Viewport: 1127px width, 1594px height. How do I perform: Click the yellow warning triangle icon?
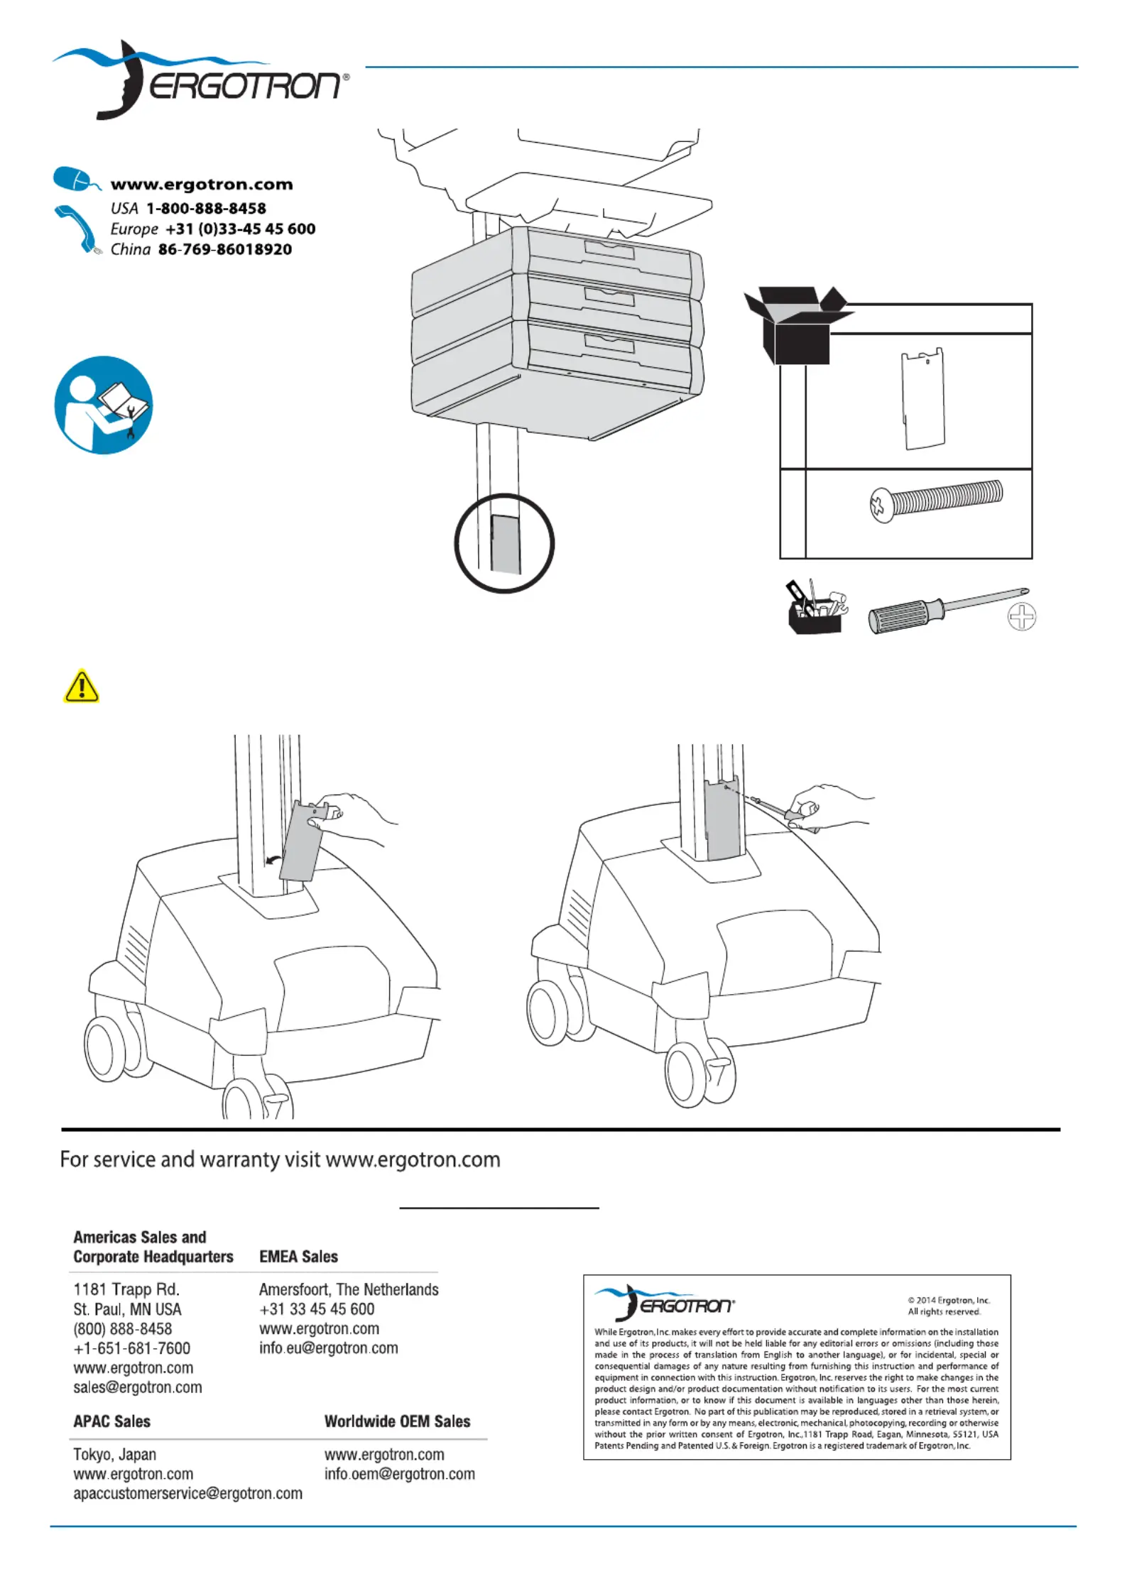(x=81, y=686)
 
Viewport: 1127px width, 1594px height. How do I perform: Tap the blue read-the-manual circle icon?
(x=104, y=405)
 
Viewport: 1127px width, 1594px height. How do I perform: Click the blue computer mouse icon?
(x=75, y=178)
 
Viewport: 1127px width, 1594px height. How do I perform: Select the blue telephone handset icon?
(x=77, y=227)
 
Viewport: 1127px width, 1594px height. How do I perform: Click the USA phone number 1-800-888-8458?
(x=206, y=209)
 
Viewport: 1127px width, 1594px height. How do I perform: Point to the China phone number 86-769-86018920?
(x=224, y=250)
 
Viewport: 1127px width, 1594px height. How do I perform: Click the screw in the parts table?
(x=935, y=498)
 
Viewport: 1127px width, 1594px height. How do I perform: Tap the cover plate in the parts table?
(x=923, y=398)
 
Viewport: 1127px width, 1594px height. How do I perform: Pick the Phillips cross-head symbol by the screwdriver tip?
(x=1021, y=616)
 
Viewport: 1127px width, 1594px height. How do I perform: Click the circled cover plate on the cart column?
(x=505, y=544)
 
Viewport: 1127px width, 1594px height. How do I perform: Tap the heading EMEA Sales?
(x=298, y=1256)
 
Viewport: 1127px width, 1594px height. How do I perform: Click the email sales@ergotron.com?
(x=138, y=1387)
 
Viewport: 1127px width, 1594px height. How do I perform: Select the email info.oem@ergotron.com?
(x=399, y=1473)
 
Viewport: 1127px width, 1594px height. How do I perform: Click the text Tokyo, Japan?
(x=114, y=1454)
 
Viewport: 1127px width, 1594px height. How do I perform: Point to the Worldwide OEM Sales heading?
(x=397, y=1421)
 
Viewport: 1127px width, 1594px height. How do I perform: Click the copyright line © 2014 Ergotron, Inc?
(x=949, y=1300)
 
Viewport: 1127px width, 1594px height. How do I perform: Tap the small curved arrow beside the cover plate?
(x=271, y=861)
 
